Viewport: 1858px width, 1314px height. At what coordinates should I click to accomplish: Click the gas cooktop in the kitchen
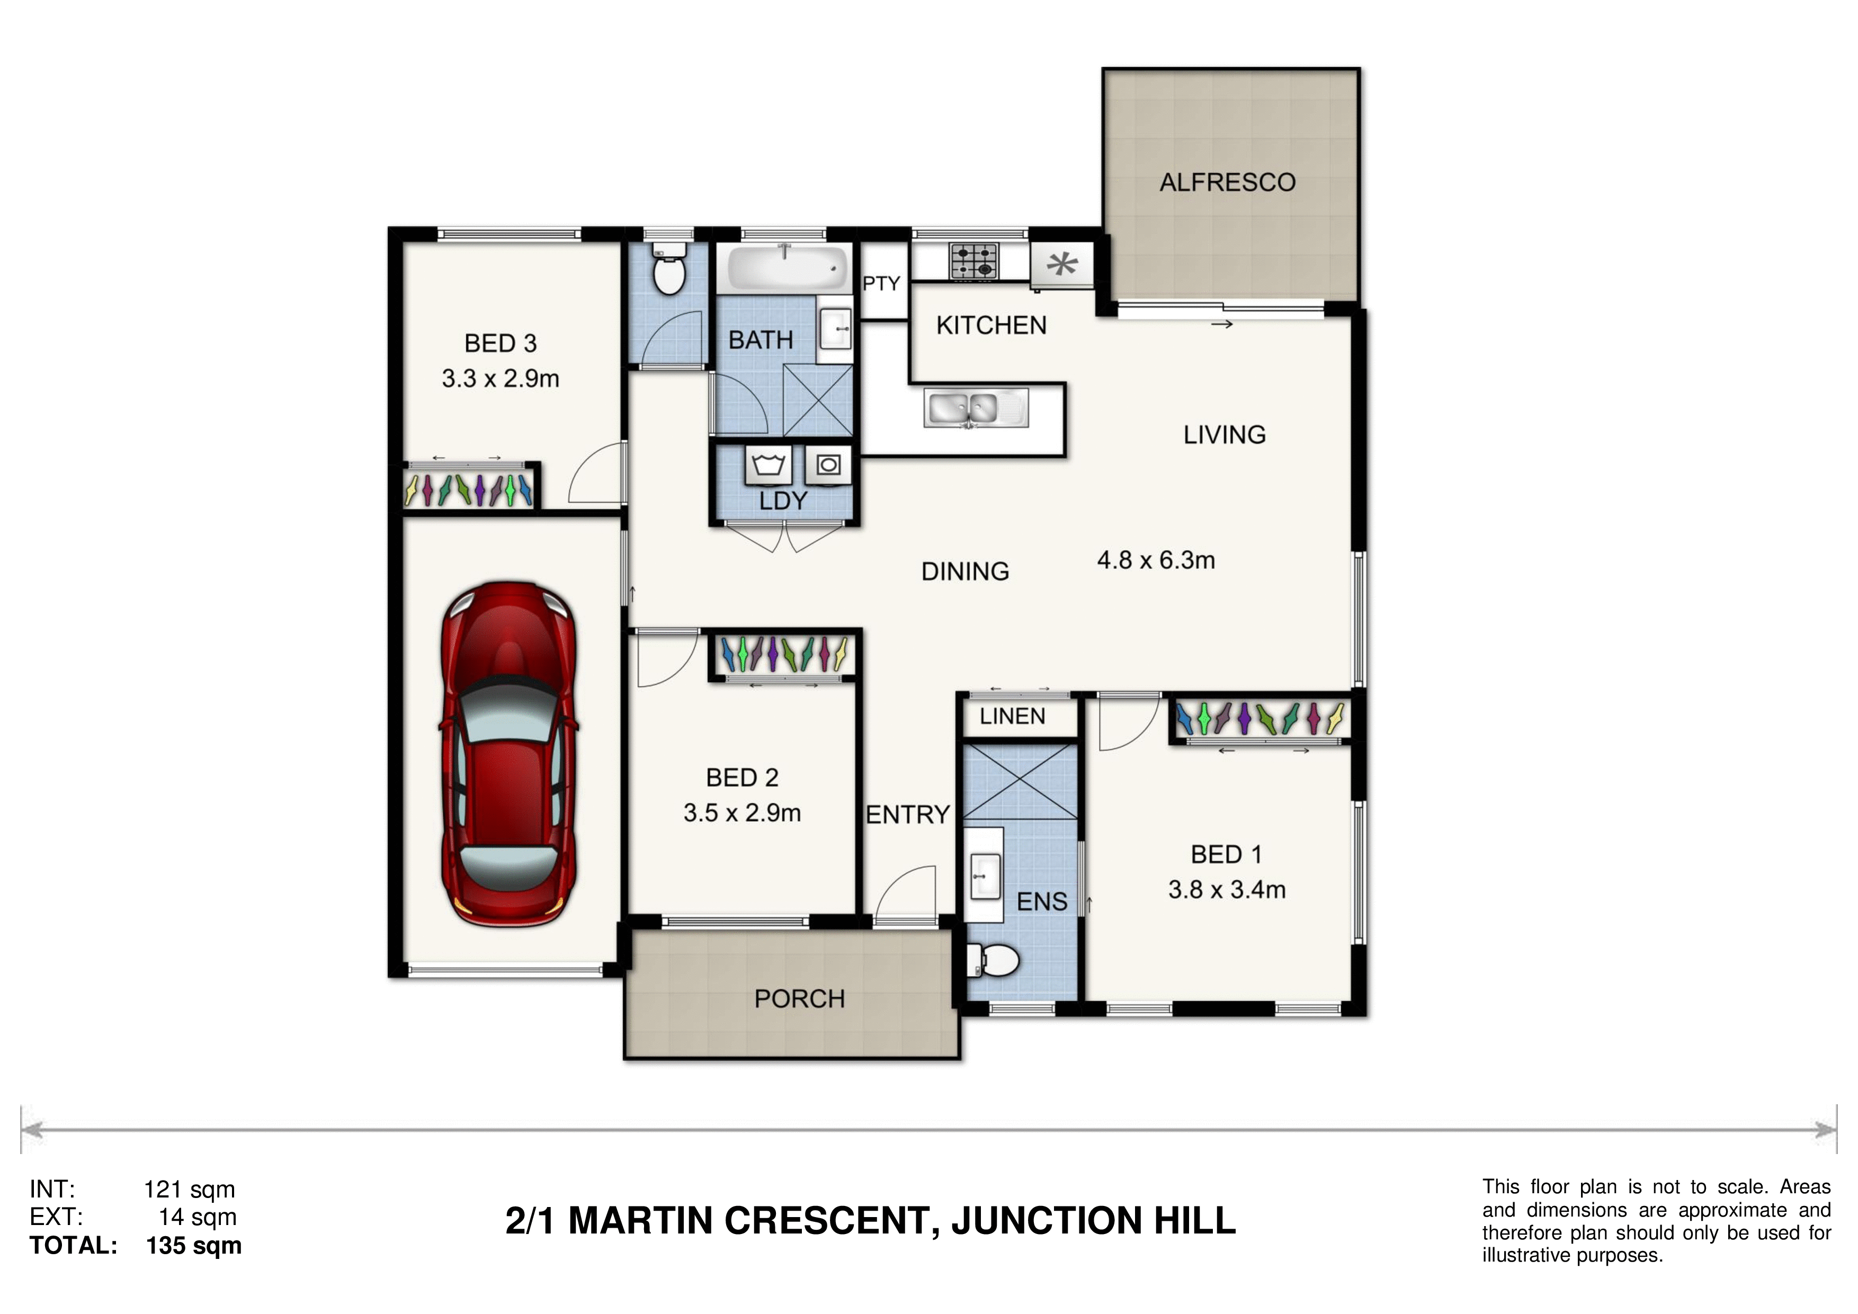(x=973, y=261)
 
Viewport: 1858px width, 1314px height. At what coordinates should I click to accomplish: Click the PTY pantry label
(x=881, y=284)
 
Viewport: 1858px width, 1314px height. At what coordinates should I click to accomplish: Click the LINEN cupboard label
(x=1012, y=716)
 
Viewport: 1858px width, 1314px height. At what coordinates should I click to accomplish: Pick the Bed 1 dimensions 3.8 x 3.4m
(x=1227, y=890)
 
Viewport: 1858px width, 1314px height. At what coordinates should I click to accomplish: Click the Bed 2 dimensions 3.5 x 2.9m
(x=742, y=813)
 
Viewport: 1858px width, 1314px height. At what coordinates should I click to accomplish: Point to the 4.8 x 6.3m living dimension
(x=1156, y=560)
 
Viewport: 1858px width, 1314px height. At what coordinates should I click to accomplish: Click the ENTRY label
(x=908, y=815)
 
